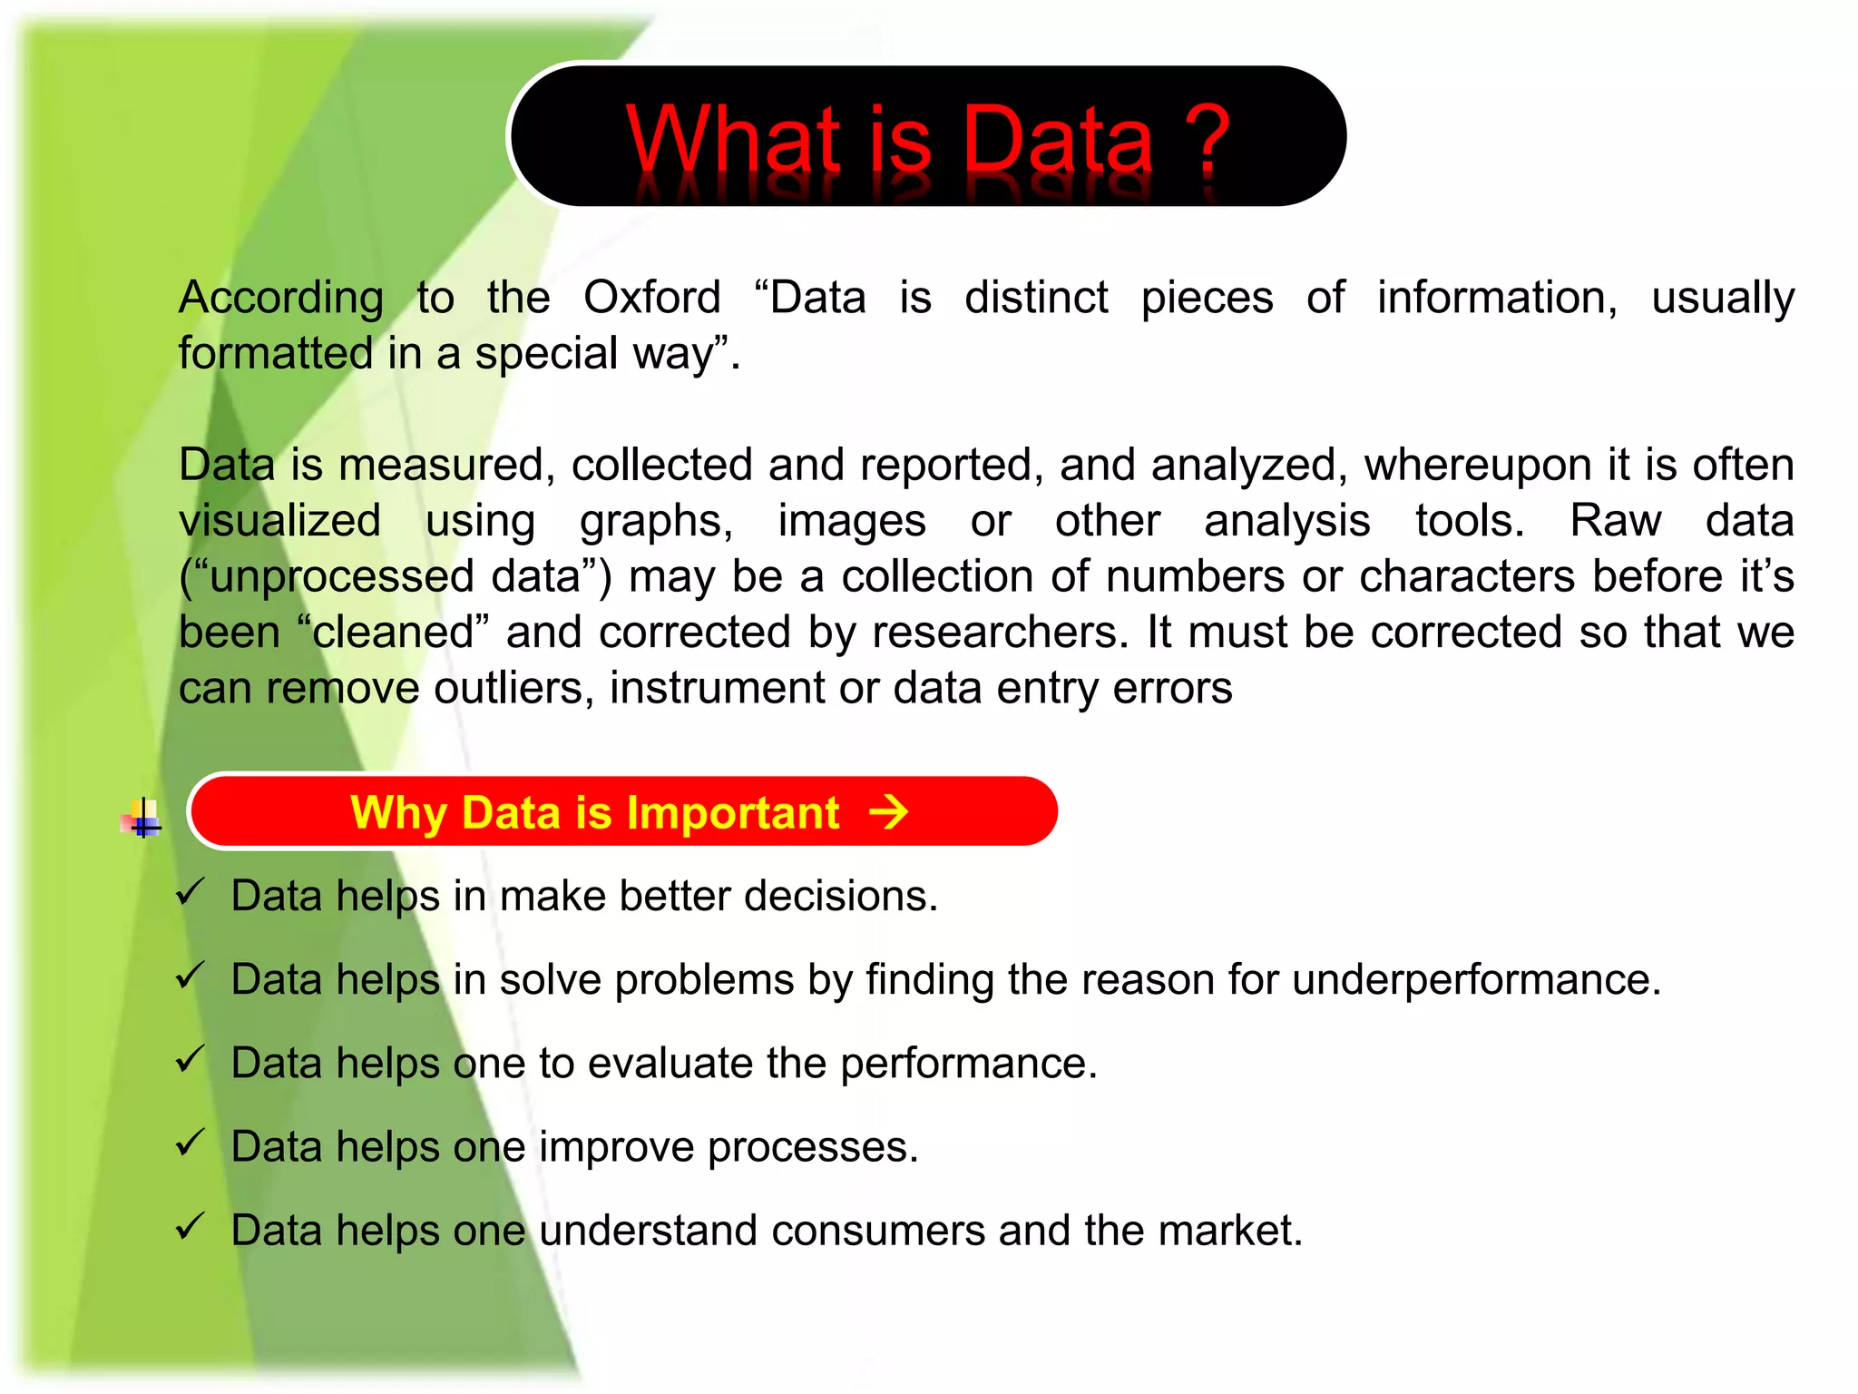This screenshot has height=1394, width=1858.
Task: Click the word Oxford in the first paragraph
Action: (651, 298)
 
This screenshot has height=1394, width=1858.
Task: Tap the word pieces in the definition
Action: (1207, 298)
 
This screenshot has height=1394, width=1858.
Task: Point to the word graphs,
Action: (657, 522)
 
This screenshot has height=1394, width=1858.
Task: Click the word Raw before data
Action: (1615, 521)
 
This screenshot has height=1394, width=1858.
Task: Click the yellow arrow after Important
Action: (888, 812)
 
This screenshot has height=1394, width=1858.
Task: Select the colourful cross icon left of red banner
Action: (142, 818)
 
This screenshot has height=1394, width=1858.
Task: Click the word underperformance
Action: (1476, 980)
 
